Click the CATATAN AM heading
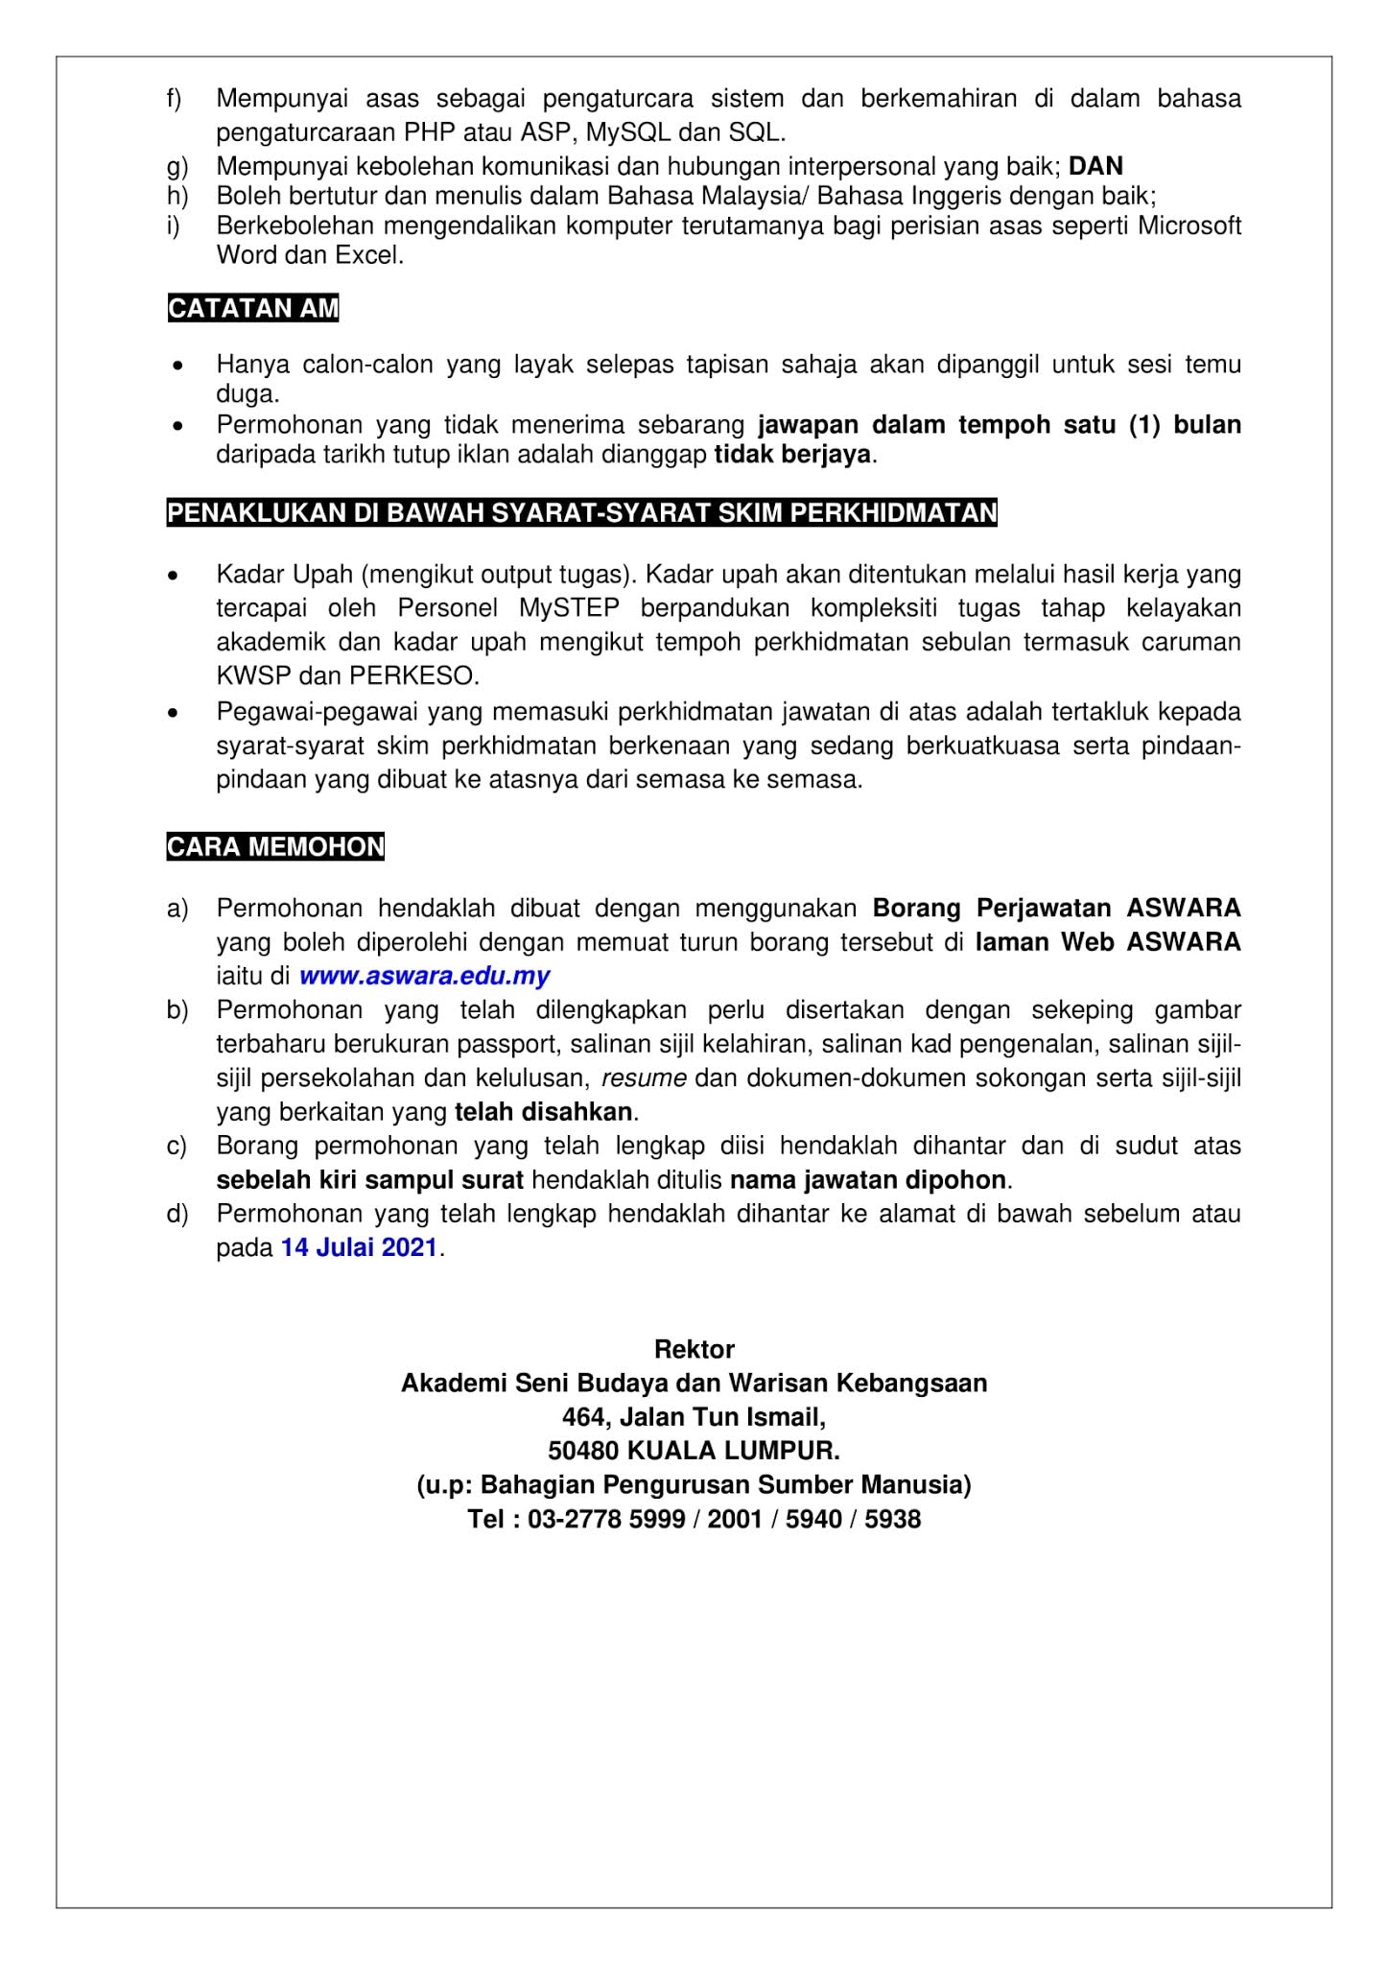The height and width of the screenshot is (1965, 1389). pos(253,308)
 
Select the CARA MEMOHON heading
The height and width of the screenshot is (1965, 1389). pos(275,847)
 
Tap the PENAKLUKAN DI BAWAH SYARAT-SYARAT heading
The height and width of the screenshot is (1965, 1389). pos(581,513)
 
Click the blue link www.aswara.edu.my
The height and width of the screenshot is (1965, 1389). pos(424,977)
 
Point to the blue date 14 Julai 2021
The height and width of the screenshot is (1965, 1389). pos(360,1248)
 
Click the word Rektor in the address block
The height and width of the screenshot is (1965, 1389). pos(694,1349)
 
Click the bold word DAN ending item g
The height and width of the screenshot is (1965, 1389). pos(1095,166)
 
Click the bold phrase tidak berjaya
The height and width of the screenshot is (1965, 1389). pos(793,454)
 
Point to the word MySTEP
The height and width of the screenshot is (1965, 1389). pos(570,608)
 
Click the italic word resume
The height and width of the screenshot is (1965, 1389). pos(644,1077)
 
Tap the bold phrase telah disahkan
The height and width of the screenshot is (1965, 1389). pos(543,1112)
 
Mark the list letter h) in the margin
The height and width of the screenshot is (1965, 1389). pos(177,197)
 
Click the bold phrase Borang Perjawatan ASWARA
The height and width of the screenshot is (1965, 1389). pos(1056,908)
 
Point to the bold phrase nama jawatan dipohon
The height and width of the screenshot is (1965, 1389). pos(868,1179)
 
